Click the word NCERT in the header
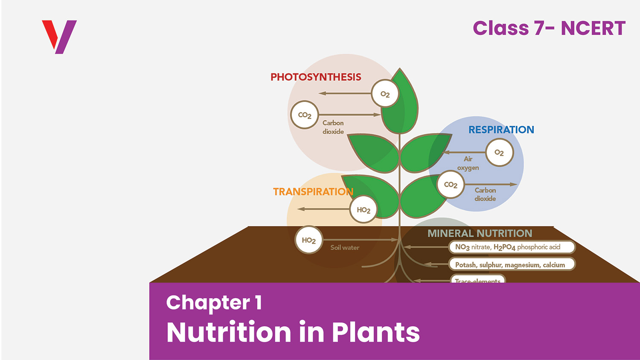[x=593, y=29]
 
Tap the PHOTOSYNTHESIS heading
[x=316, y=77]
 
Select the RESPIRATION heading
[x=501, y=130]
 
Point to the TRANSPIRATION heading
[x=313, y=192]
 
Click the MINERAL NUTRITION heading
[x=480, y=233]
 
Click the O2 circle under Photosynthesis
[x=385, y=94]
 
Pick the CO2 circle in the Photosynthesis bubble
[x=305, y=115]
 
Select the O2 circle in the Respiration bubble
[x=499, y=152]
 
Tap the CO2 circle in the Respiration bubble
[x=451, y=185]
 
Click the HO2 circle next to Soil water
[x=308, y=240]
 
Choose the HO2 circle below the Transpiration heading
[x=364, y=209]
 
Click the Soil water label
[x=345, y=247]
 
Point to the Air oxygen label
[x=468, y=163]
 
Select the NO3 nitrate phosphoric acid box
[x=512, y=247]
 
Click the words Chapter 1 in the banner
[x=214, y=303]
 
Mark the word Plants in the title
[x=375, y=332]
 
